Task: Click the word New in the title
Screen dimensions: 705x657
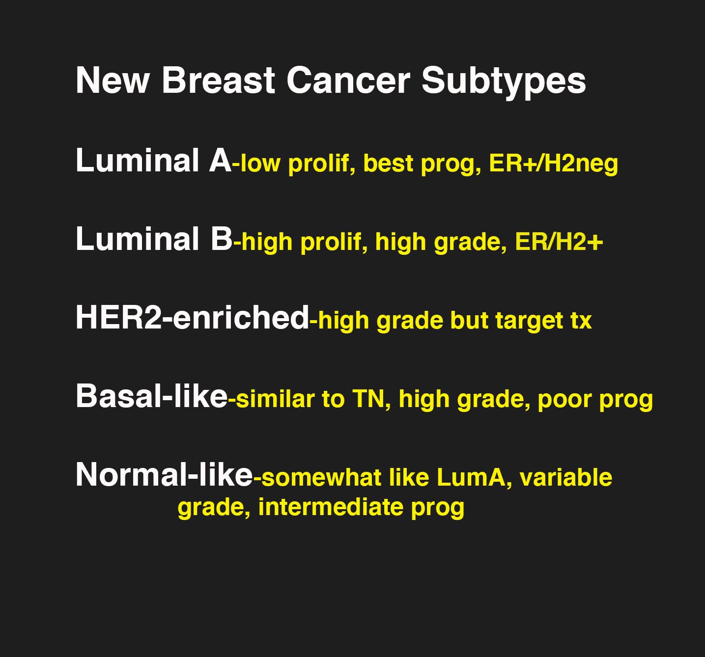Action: [x=112, y=81]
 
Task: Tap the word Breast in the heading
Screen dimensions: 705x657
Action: [x=218, y=81]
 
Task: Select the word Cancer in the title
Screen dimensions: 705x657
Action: [x=349, y=81]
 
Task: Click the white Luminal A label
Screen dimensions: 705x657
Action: [x=153, y=160]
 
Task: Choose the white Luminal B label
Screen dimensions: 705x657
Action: [x=154, y=239]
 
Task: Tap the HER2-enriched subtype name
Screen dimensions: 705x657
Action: [x=192, y=317]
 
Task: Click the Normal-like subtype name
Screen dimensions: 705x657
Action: [x=164, y=474]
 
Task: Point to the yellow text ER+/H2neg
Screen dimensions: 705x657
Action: [x=553, y=164]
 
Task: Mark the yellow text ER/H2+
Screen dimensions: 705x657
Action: [x=559, y=242]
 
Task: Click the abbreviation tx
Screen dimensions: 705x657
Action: [x=581, y=321]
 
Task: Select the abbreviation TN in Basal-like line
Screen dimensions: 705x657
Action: [x=368, y=399]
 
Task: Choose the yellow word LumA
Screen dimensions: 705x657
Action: [x=471, y=477]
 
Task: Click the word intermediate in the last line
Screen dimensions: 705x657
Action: [x=331, y=507]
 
